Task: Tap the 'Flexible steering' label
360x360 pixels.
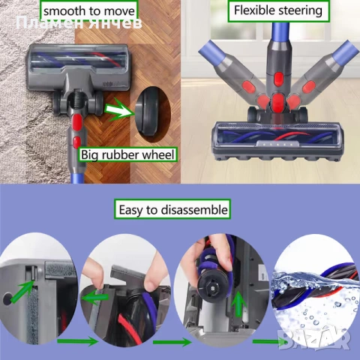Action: click(277, 11)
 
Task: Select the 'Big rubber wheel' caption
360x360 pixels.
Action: click(128, 156)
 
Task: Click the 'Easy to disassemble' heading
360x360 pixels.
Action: click(172, 209)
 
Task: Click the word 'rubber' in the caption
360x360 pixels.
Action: click(127, 156)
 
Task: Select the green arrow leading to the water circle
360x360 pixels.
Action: click(266, 343)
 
